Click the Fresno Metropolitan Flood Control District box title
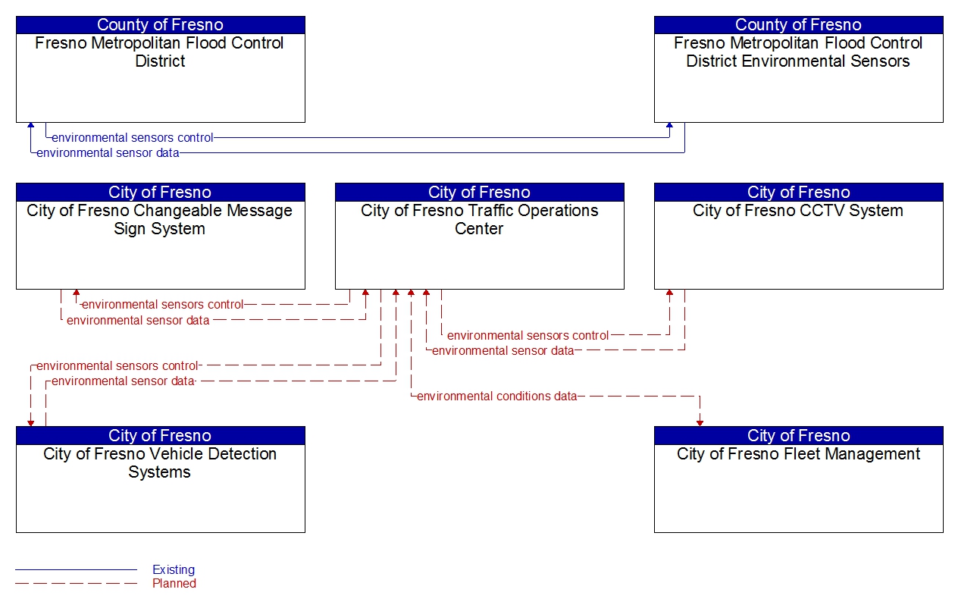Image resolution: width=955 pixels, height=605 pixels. [x=160, y=52]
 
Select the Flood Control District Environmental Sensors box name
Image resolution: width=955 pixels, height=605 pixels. [x=798, y=52]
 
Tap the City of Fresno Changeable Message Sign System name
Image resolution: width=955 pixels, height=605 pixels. [x=160, y=219]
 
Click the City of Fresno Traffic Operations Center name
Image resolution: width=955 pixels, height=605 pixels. [x=479, y=219]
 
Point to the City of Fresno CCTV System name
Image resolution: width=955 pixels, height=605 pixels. [x=798, y=211]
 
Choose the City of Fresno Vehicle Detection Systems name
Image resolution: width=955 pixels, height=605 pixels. [x=160, y=462]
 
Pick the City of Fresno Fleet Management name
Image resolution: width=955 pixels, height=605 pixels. [x=798, y=454]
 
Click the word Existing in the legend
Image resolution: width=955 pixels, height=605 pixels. [x=174, y=569]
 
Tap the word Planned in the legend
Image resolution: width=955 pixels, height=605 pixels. [x=174, y=583]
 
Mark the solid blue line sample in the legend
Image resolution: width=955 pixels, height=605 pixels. [x=76, y=569]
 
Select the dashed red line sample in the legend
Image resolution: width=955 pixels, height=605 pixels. [x=76, y=583]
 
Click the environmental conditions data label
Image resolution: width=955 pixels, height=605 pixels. [x=496, y=396]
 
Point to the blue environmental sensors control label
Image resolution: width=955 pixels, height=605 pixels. [x=133, y=138]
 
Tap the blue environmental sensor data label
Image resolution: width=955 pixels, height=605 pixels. [x=108, y=153]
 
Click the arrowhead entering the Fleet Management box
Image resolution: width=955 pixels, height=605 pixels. [x=700, y=422]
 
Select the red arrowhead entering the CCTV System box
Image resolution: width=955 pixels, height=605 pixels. [x=669, y=293]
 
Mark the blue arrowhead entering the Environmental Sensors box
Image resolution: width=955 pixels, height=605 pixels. [x=669, y=127]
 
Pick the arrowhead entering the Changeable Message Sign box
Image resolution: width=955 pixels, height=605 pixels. [x=76, y=293]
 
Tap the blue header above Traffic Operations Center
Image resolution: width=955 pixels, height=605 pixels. [x=479, y=192]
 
